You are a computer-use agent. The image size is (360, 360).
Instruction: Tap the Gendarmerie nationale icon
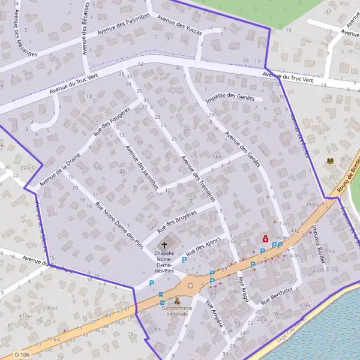(x=177, y=301)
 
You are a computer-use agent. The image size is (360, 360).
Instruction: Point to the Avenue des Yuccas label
(x=179, y=25)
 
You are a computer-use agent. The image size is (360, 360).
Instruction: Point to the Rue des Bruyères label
(x=177, y=222)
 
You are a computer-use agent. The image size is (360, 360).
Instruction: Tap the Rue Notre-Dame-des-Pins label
(x=119, y=225)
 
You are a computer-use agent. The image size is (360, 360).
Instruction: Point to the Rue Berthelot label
(x=277, y=295)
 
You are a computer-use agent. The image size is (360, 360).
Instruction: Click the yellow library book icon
(x=330, y=161)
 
